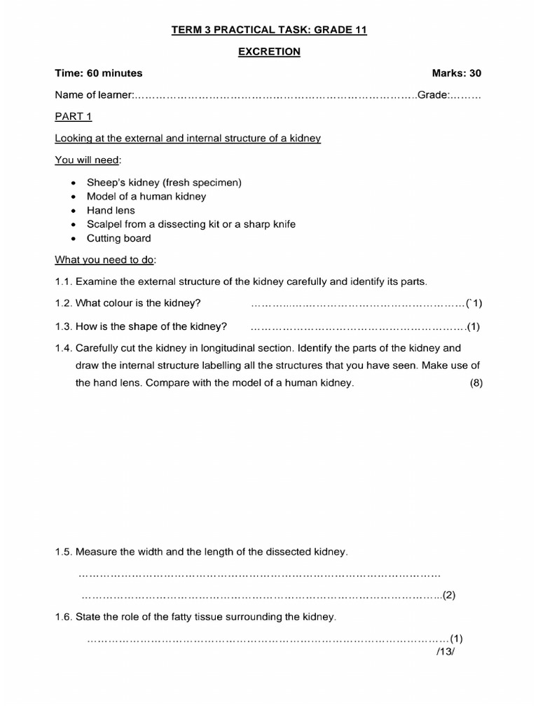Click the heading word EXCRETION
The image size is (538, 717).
coord(269,51)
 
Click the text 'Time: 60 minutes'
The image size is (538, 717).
coord(99,73)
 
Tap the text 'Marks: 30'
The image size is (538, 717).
coord(457,73)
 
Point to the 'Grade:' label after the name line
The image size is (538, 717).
coord(433,95)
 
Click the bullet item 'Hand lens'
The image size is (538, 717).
coord(111,210)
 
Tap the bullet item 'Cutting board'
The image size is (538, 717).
coord(118,238)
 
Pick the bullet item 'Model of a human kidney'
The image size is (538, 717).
coord(146,196)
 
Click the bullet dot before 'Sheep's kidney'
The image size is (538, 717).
coord(73,183)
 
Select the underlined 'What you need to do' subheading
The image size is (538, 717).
coord(105,260)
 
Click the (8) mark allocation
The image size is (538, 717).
coord(476,383)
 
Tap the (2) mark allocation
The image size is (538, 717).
coord(449,596)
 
